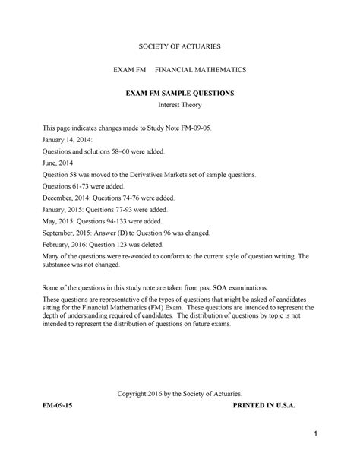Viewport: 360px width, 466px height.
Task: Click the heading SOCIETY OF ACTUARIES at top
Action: click(x=179, y=46)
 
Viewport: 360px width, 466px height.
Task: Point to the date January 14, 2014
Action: click(x=68, y=141)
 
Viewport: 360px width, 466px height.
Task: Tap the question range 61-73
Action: click(x=88, y=186)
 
